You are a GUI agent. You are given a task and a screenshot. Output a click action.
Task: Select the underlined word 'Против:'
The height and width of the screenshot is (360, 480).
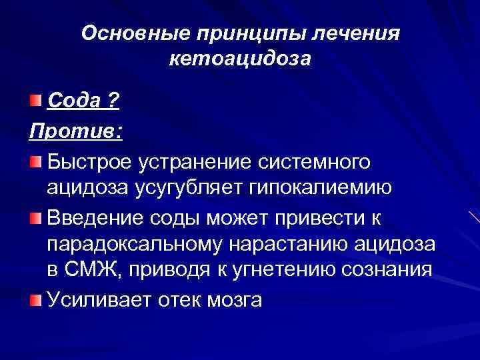pos(75,132)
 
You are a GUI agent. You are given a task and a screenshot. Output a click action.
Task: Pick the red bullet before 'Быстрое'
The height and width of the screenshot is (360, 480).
pos(35,162)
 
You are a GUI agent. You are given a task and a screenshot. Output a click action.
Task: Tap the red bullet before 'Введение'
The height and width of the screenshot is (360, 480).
pos(35,218)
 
